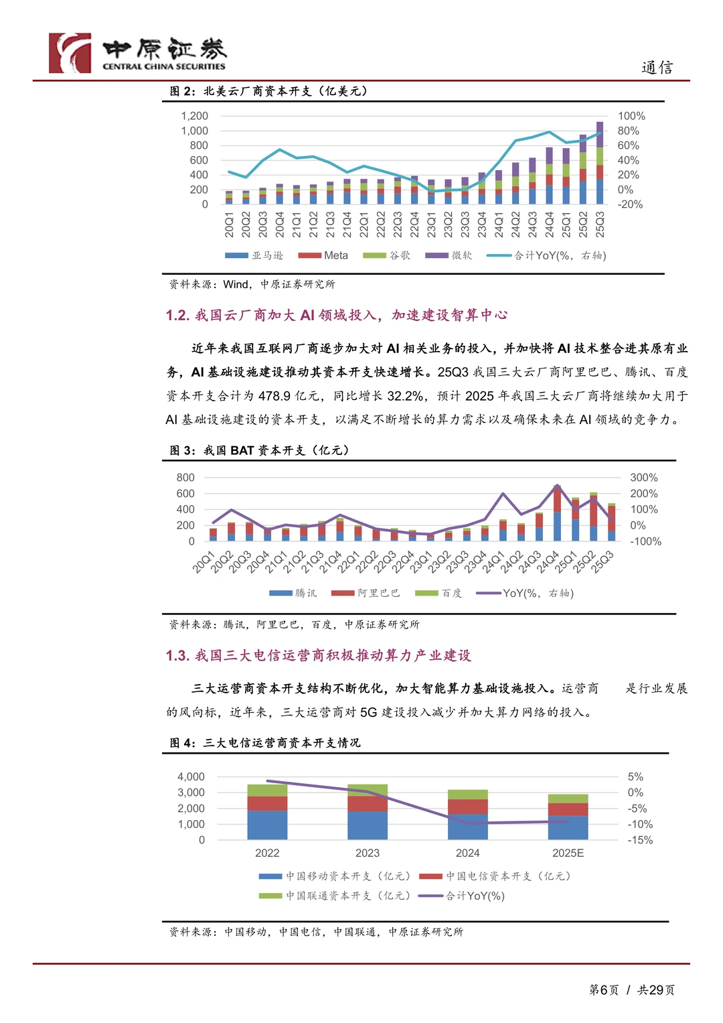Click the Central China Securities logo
tap(137, 53)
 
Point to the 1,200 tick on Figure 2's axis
tap(194, 116)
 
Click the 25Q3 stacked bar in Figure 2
tap(600, 163)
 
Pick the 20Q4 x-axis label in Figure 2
tap(280, 224)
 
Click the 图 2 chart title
tap(268, 91)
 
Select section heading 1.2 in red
tap(336, 315)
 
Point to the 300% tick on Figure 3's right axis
tap(643, 478)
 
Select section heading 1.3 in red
tap(318, 655)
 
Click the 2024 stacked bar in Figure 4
tap(467, 815)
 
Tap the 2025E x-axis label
tap(568, 853)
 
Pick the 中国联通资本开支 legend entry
tap(335, 896)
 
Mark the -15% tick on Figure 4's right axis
tap(640, 840)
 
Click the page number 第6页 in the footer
tap(603, 990)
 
